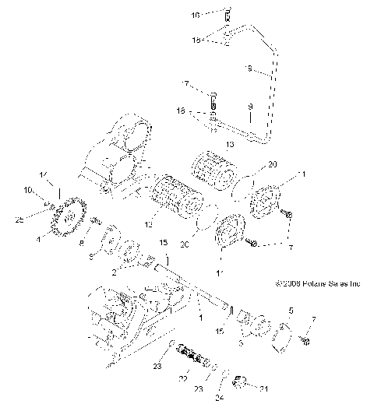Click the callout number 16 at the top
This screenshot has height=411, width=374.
point(196,15)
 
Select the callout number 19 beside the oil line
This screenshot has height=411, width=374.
point(249,70)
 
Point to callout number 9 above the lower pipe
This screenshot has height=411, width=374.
point(250,105)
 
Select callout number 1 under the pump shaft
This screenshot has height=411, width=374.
point(202,319)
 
